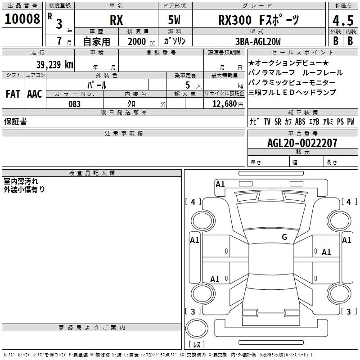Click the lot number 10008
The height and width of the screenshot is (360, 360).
coord(22,19)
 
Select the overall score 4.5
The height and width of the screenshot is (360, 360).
coord(343,21)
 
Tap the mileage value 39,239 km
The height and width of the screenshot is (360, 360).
coord(55,65)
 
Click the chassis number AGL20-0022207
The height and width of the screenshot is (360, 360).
coord(302,143)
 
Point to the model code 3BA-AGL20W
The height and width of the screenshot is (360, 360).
coord(258,41)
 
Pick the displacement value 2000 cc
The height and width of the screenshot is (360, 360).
coord(141,41)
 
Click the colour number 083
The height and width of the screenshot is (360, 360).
coord(75,104)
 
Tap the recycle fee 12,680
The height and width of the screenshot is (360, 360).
coord(225,104)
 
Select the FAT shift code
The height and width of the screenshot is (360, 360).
coord(13,94)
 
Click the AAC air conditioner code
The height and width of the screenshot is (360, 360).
coord(35,94)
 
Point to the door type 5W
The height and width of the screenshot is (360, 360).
coord(174,20)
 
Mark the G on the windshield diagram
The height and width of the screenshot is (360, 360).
coord(284,237)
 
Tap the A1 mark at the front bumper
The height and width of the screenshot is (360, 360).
coord(220,184)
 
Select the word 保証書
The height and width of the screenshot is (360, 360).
coord(15,121)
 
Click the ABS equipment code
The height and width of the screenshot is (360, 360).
coord(300,121)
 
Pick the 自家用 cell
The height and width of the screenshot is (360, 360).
coord(96,41)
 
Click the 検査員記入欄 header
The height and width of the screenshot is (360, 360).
coord(92,173)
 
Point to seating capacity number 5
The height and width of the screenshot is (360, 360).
coord(188,85)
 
